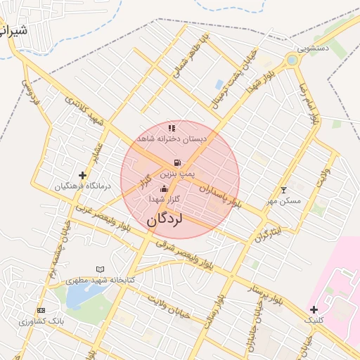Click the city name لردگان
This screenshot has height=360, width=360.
[x=165, y=219]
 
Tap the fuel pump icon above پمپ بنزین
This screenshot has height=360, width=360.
[x=176, y=162]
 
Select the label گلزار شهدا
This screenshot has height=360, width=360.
[x=165, y=200]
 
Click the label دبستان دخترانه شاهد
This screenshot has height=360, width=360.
[x=172, y=139]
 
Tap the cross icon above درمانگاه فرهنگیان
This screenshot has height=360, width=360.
[x=83, y=175]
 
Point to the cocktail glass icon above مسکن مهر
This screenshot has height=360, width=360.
[x=284, y=190]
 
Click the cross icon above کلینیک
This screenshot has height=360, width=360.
[x=314, y=310]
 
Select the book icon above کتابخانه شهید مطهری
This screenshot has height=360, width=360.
[x=100, y=269]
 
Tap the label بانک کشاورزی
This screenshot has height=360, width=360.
[x=41, y=321]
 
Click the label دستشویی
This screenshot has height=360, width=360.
[x=313, y=49]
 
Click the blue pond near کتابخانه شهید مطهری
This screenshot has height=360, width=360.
[x=82, y=296]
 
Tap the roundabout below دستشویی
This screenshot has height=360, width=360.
[x=292, y=61]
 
